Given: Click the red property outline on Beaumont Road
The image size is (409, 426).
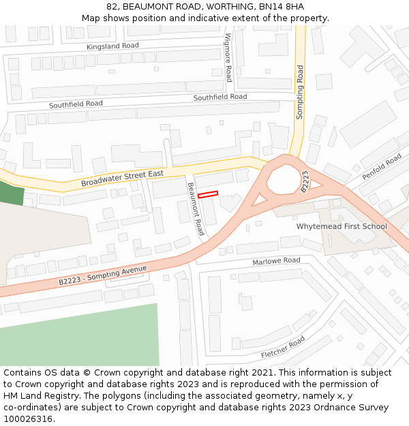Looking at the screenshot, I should pos(208,195).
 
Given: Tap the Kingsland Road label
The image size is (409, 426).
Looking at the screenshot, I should pos(112,46).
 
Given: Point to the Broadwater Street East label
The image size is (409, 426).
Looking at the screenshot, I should pos(122,179).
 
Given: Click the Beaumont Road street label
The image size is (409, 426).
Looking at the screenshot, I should pos(196,209).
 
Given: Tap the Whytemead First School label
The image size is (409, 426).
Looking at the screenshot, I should pos(341,226).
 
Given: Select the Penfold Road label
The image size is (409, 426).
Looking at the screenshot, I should pos(382,166).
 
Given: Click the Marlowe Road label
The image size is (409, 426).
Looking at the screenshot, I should pos(276,261).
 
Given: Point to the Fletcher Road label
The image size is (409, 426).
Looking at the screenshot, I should pos(283,348).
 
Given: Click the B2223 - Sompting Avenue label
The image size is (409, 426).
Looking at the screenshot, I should pos(102,275).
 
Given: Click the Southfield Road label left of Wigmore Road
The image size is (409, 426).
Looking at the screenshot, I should pos(76,104).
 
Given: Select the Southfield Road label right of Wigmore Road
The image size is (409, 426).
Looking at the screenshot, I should pos(219,97).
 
